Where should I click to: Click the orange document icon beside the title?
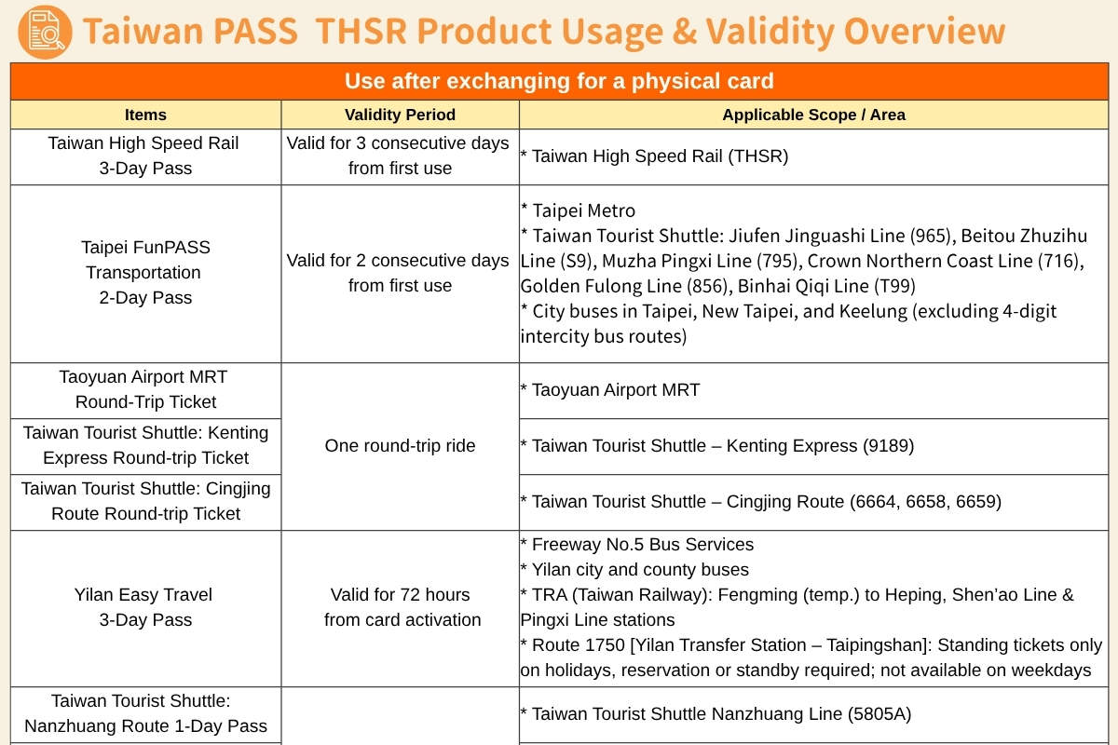pyautogui.click(x=44, y=31)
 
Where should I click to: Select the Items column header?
pyautogui.click(x=145, y=115)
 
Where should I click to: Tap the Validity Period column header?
pyautogui.click(x=400, y=115)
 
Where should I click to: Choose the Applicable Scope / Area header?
pyautogui.click(x=813, y=115)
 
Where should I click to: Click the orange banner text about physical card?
pyautogui.click(x=559, y=81)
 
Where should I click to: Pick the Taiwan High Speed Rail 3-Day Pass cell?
pyautogui.click(x=145, y=156)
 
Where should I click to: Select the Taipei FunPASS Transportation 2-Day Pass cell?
pyautogui.click(x=145, y=272)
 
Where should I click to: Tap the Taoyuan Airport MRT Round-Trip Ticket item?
pyautogui.click(x=145, y=389)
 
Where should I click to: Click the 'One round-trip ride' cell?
pyautogui.click(x=400, y=446)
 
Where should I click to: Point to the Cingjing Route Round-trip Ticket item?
pyautogui.click(x=145, y=501)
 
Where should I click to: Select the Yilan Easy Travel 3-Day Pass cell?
pyautogui.click(x=145, y=607)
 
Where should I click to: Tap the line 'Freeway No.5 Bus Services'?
pyautogui.click(x=637, y=545)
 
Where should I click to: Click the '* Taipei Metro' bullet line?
pyautogui.click(x=578, y=210)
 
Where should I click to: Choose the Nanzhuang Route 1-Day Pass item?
pyautogui.click(x=145, y=713)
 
